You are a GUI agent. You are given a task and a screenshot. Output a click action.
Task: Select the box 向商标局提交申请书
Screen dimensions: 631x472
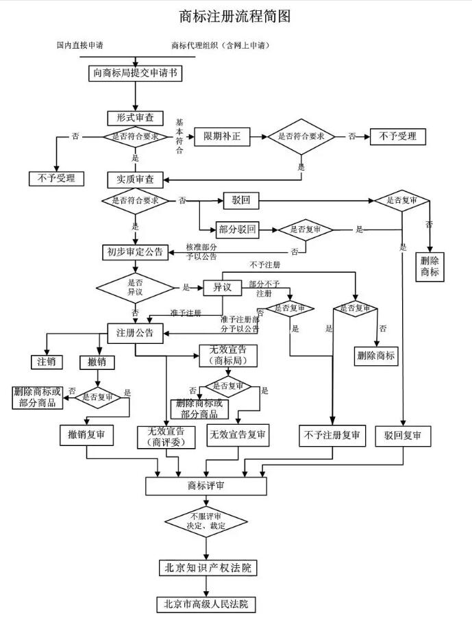(x=135, y=73)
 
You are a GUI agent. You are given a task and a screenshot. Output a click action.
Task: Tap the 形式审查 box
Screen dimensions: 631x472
(x=135, y=118)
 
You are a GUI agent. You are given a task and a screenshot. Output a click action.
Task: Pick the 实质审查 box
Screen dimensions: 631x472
(x=135, y=180)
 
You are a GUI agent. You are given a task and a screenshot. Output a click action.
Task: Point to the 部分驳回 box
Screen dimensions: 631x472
(x=236, y=230)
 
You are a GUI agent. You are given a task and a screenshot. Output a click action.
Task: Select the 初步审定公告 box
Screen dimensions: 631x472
(x=135, y=251)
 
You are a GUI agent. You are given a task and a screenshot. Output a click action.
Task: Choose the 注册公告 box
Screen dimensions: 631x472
(x=135, y=333)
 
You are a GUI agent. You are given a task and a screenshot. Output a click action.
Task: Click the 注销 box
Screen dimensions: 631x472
(x=46, y=361)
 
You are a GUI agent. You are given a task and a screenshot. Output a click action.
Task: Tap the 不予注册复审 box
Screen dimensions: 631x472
(x=333, y=435)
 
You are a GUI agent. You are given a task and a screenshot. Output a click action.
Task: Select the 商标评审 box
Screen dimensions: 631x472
(x=206, y=485)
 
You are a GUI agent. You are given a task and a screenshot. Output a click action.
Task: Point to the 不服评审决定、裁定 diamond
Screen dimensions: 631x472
(x=206, y=521)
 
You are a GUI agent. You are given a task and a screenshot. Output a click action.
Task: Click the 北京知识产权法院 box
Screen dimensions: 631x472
(x=206, y=568)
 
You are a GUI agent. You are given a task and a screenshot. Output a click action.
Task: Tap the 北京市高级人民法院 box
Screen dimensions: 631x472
(x=206, y=604)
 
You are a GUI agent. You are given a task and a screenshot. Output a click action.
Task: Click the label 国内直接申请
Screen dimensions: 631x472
(x=79, y=45)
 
